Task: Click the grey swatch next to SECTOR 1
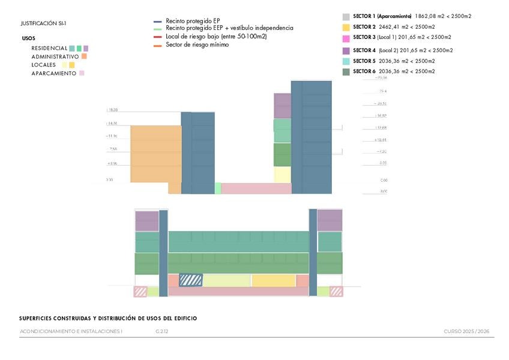pos(346,17)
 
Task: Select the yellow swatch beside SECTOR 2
pos(346,28)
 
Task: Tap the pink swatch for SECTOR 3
pos(346,38)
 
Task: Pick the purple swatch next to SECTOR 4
pos(346,51)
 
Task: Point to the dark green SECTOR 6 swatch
pos(346,72)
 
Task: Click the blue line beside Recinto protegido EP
pos(158,21)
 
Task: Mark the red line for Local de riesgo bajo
pos(158,37)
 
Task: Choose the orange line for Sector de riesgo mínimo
pos(158,45)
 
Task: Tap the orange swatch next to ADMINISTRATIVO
pos(85,56)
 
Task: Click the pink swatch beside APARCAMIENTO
pos(82,73)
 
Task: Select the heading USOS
pos(28,38)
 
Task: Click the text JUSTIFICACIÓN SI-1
pos(43,23)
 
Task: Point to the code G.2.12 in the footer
pos(161,331)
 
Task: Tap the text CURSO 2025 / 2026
pos(466,331)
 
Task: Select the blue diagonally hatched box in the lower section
pos(191,280)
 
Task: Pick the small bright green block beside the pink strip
pos(218,188)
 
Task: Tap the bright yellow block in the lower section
pos(274,280)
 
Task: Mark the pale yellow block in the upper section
pos(282,175)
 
